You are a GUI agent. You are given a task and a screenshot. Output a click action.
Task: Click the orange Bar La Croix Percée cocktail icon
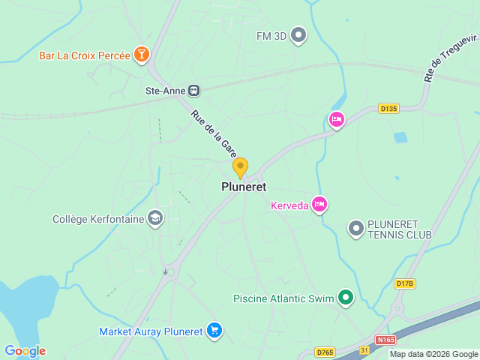(141, 54)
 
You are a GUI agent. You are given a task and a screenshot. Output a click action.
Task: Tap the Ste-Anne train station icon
(194, 91)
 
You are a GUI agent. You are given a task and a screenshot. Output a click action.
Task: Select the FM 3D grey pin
(299, 34)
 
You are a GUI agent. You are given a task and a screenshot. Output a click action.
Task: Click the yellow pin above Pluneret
(240, 167)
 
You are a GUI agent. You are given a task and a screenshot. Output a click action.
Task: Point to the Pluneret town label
(244, 187)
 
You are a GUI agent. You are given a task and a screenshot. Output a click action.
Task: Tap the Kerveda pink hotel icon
(320, 205)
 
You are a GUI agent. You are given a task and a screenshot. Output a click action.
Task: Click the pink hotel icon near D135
(337, 120)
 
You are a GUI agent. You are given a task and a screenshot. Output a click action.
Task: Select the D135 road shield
(388, 108)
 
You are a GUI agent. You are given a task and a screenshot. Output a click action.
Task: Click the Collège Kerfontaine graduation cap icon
(155, 219)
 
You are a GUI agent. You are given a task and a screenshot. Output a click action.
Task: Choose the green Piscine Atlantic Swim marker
(346, 298)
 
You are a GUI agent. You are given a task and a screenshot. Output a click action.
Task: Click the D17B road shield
(404, 283)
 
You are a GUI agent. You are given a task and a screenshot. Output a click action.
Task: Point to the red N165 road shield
(385, 340)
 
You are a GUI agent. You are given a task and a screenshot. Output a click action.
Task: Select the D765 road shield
(325, 352)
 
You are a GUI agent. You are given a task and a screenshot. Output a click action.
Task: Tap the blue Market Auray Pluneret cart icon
(214, 331)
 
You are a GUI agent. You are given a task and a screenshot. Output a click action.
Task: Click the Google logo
(25, 351)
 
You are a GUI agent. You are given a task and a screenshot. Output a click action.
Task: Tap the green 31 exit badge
(363, 350)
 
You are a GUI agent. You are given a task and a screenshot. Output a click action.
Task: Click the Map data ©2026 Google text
(433, 354)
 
